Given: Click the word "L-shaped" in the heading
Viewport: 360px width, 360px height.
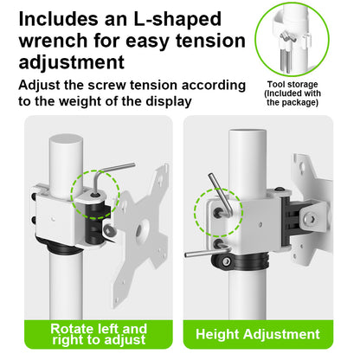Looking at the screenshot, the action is point(177,20).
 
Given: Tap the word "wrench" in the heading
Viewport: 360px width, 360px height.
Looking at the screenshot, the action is point(54,41).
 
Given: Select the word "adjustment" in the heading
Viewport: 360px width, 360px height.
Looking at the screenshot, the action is point(72,62).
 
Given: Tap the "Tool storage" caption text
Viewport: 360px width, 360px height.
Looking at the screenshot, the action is point(292,85).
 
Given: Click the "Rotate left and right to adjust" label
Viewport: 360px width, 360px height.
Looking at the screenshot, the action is point(99,334).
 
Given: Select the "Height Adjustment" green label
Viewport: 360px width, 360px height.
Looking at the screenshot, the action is point(258,334).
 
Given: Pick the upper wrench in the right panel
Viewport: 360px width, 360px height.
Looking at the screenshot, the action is point(221,193).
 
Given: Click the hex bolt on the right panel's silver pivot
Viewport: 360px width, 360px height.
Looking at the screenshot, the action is point(311,218).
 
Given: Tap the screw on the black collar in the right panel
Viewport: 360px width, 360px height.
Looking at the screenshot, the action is point(227,261).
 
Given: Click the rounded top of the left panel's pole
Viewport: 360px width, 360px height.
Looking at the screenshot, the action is point(66,141).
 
